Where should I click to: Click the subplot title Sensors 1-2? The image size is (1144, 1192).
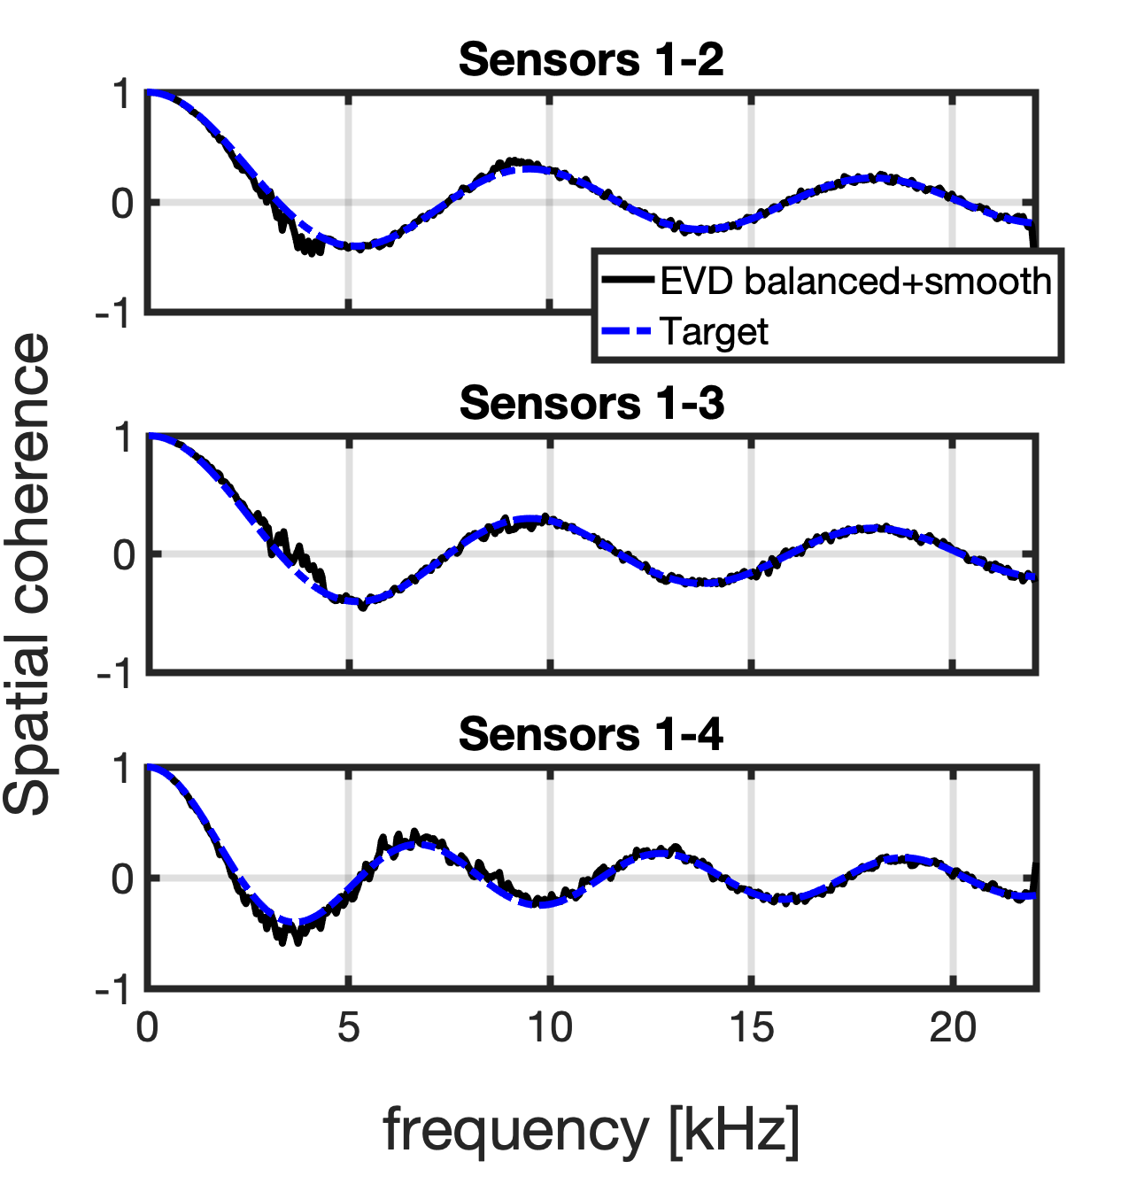pyautogui.click(x=591, y=60)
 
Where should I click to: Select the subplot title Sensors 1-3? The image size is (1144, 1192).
pyautogui.click(x=591, y=404)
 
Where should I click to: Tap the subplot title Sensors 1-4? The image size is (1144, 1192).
pyautogui.click(x=591, y=735)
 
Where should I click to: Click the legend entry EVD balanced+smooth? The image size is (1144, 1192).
pyautogui.click(x=855, y=282)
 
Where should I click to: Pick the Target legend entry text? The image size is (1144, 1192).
pyautogui.click(x=714, y=332)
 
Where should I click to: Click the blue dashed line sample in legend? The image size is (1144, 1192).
pyautogui.click(x=628, y=333)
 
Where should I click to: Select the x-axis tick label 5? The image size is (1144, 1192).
pyautogui.click(x=349, y=1029)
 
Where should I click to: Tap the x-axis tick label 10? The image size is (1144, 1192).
pyautogui.click(x=550, y=1029)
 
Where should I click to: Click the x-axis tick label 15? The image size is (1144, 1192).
pyautogui.click(x=751, y=1029)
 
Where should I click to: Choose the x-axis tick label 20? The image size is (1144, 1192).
pyautogui.click(x=953, y=1029)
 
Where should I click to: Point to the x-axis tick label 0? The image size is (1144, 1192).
pyautogui.click(x=147, y=1029)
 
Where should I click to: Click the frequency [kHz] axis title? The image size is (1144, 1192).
pyautogui.click(x=591, y=1131)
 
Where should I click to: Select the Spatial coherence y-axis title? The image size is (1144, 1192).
pyautogui.click(x=28, y=574)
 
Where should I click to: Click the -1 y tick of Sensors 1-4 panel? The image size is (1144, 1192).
pyautogui.click(x=114, y=990)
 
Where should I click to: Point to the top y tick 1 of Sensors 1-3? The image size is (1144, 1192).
pyautogui.click(x=122, y=438)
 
